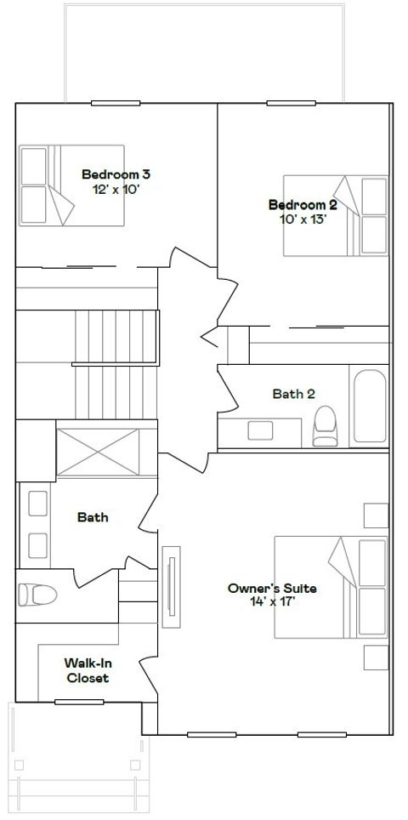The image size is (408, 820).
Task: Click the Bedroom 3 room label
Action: click(x=116, y=174)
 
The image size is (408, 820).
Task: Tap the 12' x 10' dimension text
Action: click(x=116, y=190)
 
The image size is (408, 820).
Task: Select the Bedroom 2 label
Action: click(x=303, y=205)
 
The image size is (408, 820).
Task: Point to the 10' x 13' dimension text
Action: click(x=303, y=219)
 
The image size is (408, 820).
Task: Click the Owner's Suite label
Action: click(x=272, y=589)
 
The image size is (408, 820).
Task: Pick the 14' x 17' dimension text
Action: click(x=273, y=602)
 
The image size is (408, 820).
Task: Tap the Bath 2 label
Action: click(x=293, y=394)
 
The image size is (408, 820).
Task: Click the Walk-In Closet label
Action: click(x=87, y=670)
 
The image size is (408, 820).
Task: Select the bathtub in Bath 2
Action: click(x=370, y=406)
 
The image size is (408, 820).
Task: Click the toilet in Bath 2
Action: click(x=325, y=426)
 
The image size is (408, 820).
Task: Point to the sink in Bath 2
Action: click(x=260, y=430)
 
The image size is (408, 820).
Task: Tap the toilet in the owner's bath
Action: click(x=37, y=595)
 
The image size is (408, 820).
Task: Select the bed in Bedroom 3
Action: click(x=71, y=185)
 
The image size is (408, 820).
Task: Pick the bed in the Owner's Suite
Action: click(x=331, y=587)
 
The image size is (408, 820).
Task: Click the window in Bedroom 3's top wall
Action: click(x=116, y=103)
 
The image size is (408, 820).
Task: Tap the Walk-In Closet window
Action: click(x=79, y=702)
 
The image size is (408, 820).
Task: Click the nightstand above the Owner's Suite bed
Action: click(x=377, y=515)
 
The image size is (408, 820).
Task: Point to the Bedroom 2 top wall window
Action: click(x=291, y=103)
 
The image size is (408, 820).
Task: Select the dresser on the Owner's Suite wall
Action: click(x=171, y=587)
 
